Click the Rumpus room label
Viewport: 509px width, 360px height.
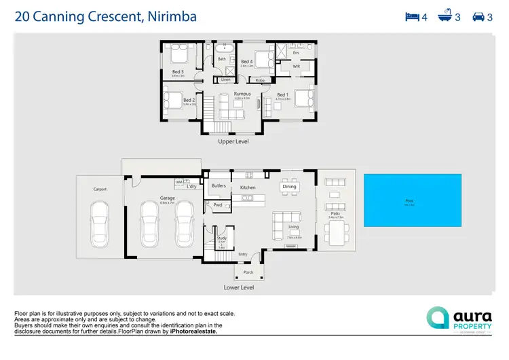click(242, 94)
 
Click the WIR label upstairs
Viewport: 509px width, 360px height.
click(296, 67)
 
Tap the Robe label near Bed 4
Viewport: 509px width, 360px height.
click(260, 79)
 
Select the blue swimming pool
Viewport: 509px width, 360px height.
click(413, 200)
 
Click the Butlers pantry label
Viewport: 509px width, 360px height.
click(219, 185)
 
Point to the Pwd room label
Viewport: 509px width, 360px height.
click(218, 204)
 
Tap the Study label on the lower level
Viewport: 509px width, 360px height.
click(221, 238)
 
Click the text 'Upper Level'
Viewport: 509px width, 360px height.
click(234, 142)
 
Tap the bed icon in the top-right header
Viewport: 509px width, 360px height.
click(413, 17)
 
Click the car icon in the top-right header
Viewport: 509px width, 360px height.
click(478, 17)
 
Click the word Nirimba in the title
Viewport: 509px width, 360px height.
click(170, 16)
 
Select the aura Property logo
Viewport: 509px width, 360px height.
click(459, 319)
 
